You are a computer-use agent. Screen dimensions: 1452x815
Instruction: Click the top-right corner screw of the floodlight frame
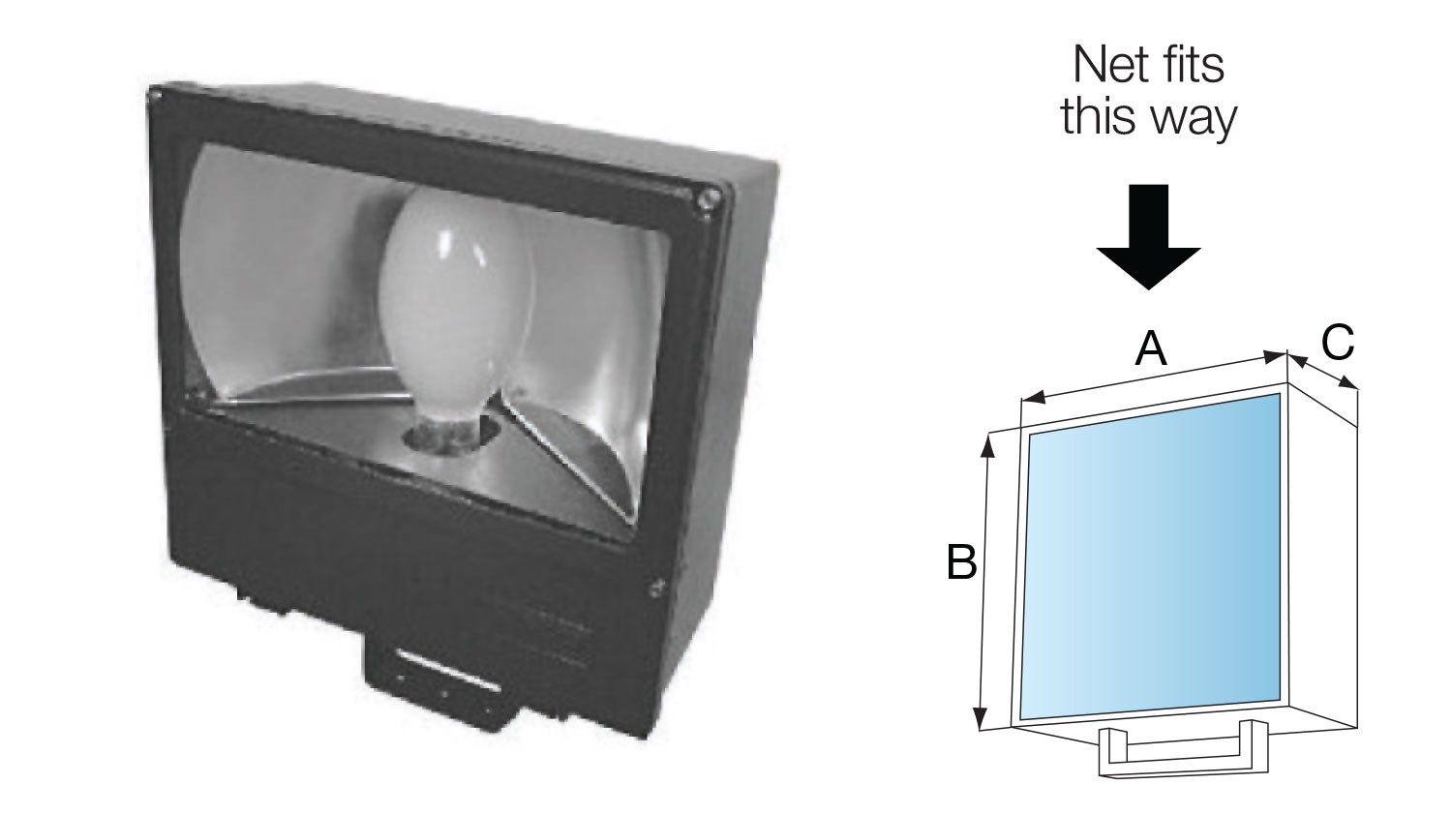[710, 199]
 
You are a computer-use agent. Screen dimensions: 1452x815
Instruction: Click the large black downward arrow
[1148, 236]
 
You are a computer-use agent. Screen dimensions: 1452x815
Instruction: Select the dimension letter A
[1151, 348]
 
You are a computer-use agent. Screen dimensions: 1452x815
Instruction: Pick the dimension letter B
[961, 561]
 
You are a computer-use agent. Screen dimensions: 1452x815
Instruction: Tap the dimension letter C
[1337, 342]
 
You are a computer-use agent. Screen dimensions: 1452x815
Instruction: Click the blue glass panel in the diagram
[1151, 557]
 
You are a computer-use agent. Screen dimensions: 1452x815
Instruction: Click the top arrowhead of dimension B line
[987, 446]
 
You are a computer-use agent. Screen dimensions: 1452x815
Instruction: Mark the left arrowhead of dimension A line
[1033, 397]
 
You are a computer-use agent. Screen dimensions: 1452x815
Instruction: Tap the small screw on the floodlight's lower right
[656, 588]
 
